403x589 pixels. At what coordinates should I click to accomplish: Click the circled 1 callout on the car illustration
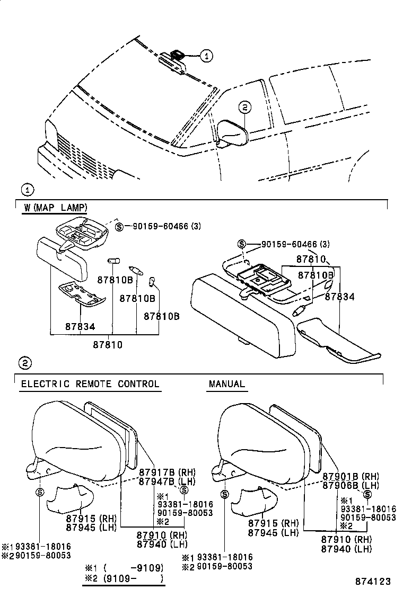click(207, 55)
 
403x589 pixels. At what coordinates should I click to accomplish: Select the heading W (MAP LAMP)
click(55, 207)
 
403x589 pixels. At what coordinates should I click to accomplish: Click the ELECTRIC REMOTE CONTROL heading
click(90, 384)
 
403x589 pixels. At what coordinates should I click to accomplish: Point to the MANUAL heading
click(227, 384)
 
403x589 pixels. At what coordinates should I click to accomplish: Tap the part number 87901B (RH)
click(349, 476)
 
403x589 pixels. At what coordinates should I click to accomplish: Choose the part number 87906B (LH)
click(349, 485)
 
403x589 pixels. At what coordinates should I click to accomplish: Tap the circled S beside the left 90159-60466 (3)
click(119, 227)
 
